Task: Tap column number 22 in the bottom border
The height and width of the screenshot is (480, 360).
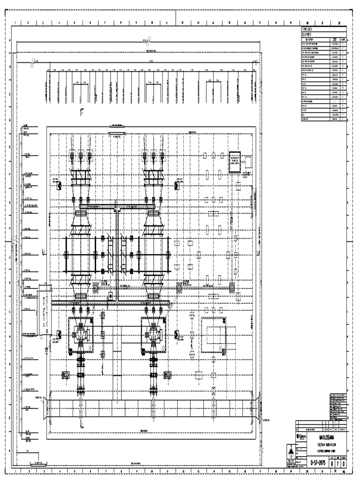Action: tap(338, 472)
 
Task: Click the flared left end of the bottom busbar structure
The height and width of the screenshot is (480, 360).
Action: tap(47, 407)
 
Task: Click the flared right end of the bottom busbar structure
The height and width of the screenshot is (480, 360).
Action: tap(255, 407)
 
